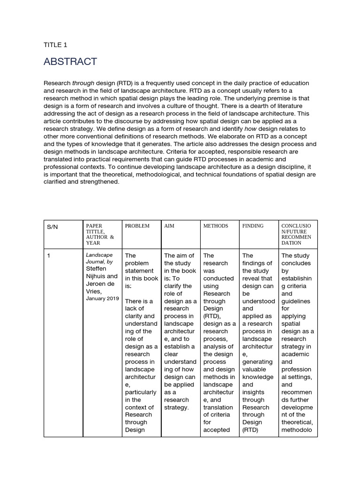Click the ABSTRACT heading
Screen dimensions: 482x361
(x=70, y=62)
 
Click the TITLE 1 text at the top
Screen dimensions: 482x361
(x=55, y=45)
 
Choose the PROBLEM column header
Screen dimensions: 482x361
(x=137, y=226)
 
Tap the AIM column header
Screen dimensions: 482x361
(x=169, y=226)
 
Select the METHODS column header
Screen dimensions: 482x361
(x=215, y=226)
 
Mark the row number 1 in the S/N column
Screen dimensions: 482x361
(x=48, y=256)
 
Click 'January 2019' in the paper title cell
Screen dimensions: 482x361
(x=102, y=298)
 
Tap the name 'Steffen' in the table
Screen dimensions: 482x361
(x=96, y=268)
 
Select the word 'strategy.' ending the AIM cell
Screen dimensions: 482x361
(x=176, y=407)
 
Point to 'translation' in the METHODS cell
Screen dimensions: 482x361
(x=218, y=407)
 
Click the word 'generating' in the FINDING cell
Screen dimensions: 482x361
(x=257, y=362)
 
